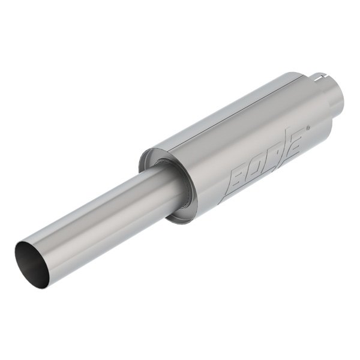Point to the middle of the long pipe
[102, 216]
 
